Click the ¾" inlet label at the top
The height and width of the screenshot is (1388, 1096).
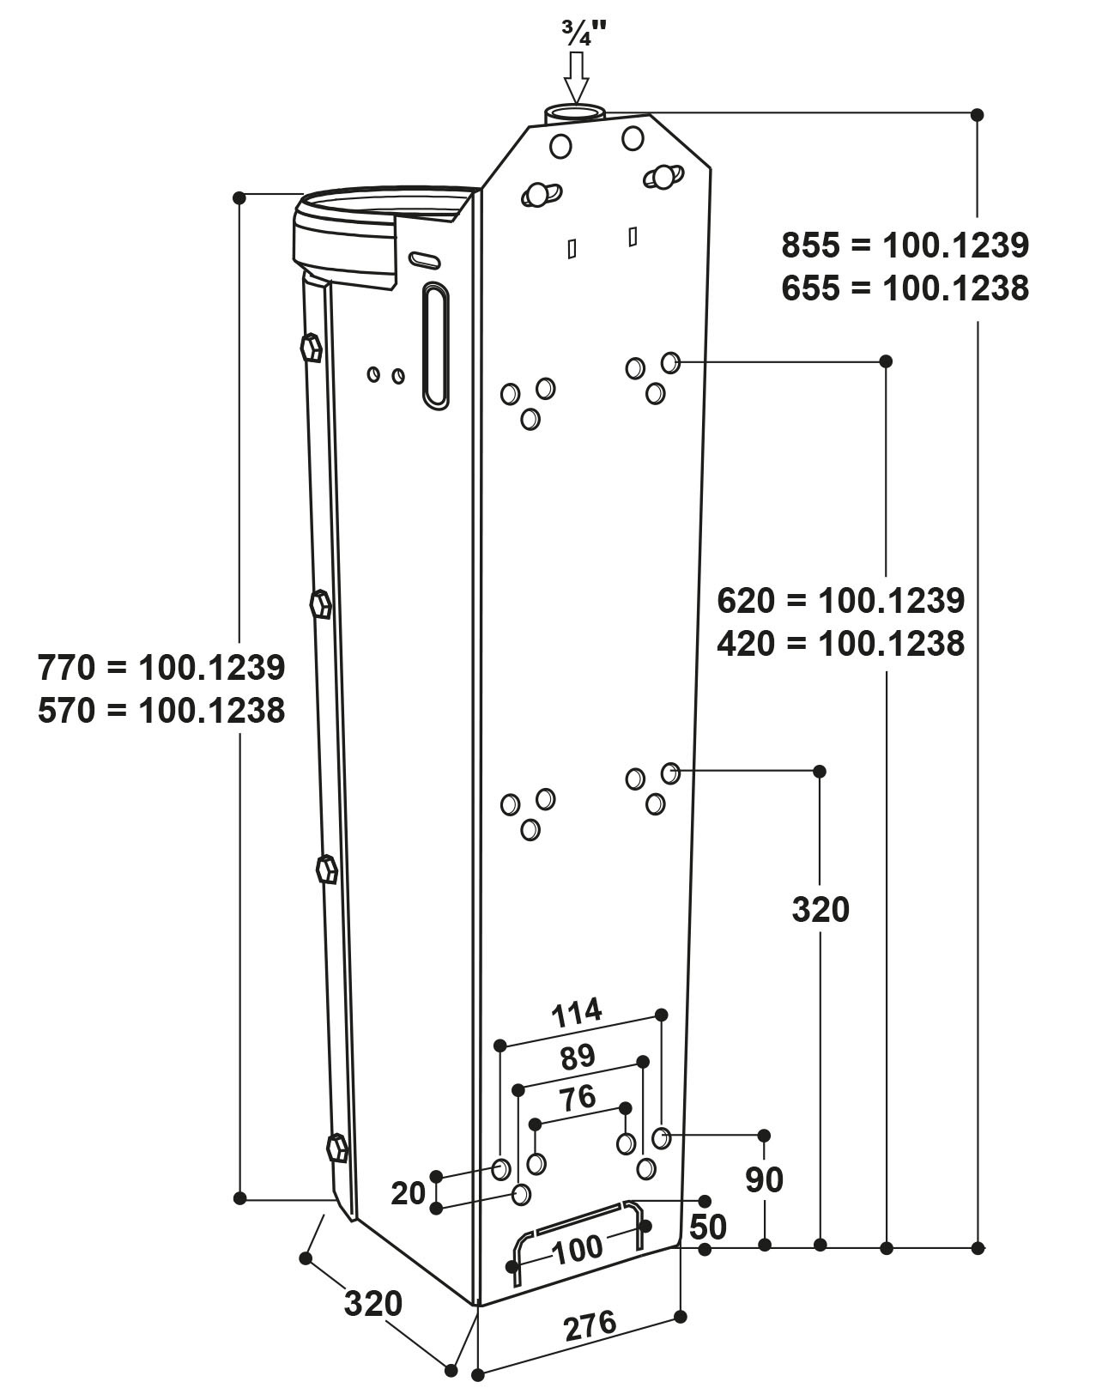click(x=584, y=33)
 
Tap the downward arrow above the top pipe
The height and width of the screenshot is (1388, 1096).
click(x=576, y=78)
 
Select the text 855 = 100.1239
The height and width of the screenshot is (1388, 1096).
click(x=905, y=245)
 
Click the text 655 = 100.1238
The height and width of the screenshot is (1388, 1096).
click(x=905, y=288)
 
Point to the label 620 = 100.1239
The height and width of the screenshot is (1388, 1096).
click(x=840, y=601)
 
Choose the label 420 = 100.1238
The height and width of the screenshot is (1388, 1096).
click(x=840, y=643)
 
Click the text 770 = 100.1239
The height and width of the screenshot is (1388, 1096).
click(x=161, y=667)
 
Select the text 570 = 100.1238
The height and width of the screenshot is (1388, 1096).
click(x=161, y=710)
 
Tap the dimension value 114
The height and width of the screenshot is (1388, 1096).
click(x=577, y=1014)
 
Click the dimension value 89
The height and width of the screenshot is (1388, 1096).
click(x=577, y=1057)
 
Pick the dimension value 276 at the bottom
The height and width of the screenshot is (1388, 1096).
click(x=590, y=1324)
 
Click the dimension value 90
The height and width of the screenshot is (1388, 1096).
click(x=764, y=1180)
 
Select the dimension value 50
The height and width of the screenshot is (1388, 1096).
click(x=708, y=1227)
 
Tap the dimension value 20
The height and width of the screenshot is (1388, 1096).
click(x=409, y=1193)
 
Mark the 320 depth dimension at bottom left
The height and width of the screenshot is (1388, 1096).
click(x=373, y=1304)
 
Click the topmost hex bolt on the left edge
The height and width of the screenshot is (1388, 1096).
click(x=311, y=349)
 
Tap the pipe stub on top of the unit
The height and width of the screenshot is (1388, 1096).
click(x=575, y=114)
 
